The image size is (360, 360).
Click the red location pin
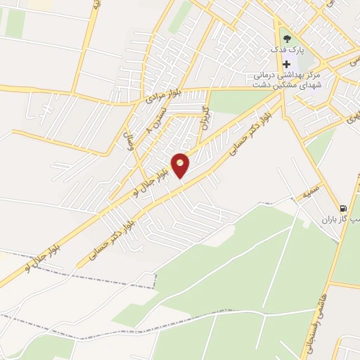tap(181, 165)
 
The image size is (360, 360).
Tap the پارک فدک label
tap(288, 51)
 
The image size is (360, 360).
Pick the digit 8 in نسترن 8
tap(149, 129)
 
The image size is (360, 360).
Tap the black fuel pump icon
tap(343, 209)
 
